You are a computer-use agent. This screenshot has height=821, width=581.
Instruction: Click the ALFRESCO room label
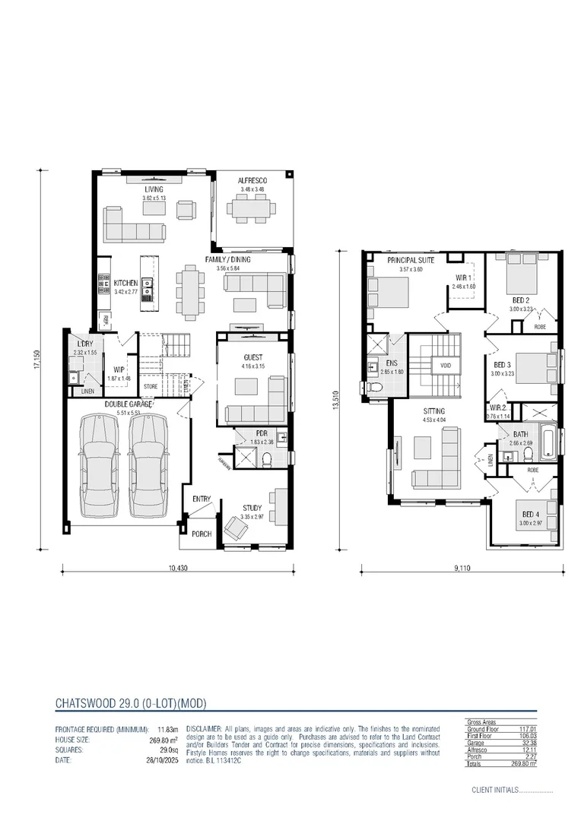[x=252, y=180]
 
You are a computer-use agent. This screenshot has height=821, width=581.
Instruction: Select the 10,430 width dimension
[x=177, y=568]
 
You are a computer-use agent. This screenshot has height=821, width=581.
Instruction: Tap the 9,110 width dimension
[x=462, y=568]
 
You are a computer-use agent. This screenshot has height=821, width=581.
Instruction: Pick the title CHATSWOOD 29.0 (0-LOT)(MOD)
[x=131, y=703]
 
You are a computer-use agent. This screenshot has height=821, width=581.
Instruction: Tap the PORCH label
[x=201, y=534]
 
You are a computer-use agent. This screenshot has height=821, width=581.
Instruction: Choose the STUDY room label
[x=252, y=508]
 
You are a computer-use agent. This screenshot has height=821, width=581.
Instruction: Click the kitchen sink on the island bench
[x=148, y=286]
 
